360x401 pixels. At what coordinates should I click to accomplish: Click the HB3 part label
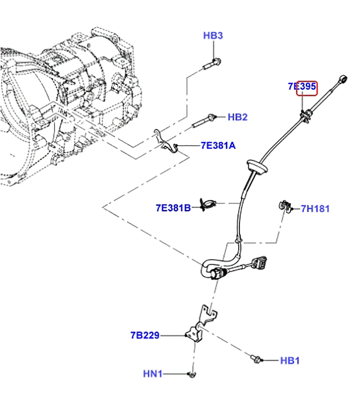(213, 36)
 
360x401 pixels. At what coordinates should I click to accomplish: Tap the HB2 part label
(238, 117)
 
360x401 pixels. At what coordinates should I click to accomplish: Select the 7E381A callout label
(218, 146)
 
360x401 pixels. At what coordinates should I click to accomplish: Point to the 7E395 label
(302, 87)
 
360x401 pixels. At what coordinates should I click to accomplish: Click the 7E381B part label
(173, 208)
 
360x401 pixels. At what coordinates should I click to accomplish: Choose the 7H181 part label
(315, 209)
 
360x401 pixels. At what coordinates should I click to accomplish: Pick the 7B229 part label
(145, 335)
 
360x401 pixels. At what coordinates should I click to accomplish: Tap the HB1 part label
(290, 361)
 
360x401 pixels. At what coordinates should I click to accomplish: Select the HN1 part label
(152, 374)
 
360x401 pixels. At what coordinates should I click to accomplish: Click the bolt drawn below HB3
(212, 64)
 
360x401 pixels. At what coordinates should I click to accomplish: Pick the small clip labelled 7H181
(285, 206)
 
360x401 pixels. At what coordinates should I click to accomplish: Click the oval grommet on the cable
(258, 166)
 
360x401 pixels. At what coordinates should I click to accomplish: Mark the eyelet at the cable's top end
(342, 79)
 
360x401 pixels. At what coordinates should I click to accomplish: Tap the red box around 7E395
(307, 88)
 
